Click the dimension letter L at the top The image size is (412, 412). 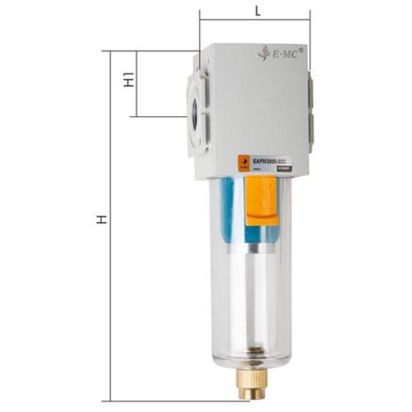(258, 12)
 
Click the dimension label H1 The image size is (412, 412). (130, 79)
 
